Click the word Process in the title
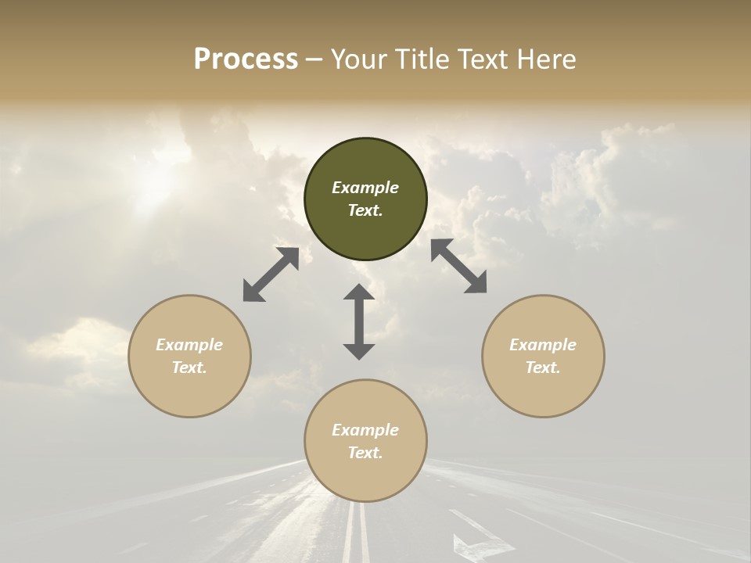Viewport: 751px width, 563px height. [x=246, y=59]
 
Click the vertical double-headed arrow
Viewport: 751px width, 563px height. [x=359, y=321]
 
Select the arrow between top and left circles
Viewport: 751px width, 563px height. [x=271, y=274]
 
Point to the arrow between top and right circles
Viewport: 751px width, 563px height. [x=458, y=266]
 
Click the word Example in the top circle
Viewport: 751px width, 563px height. [x=365, y=188]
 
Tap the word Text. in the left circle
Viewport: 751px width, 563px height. [x=189, y=368]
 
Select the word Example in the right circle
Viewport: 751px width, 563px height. [x=543, y=345]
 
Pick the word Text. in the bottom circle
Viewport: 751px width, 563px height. [x=365, y=453]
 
